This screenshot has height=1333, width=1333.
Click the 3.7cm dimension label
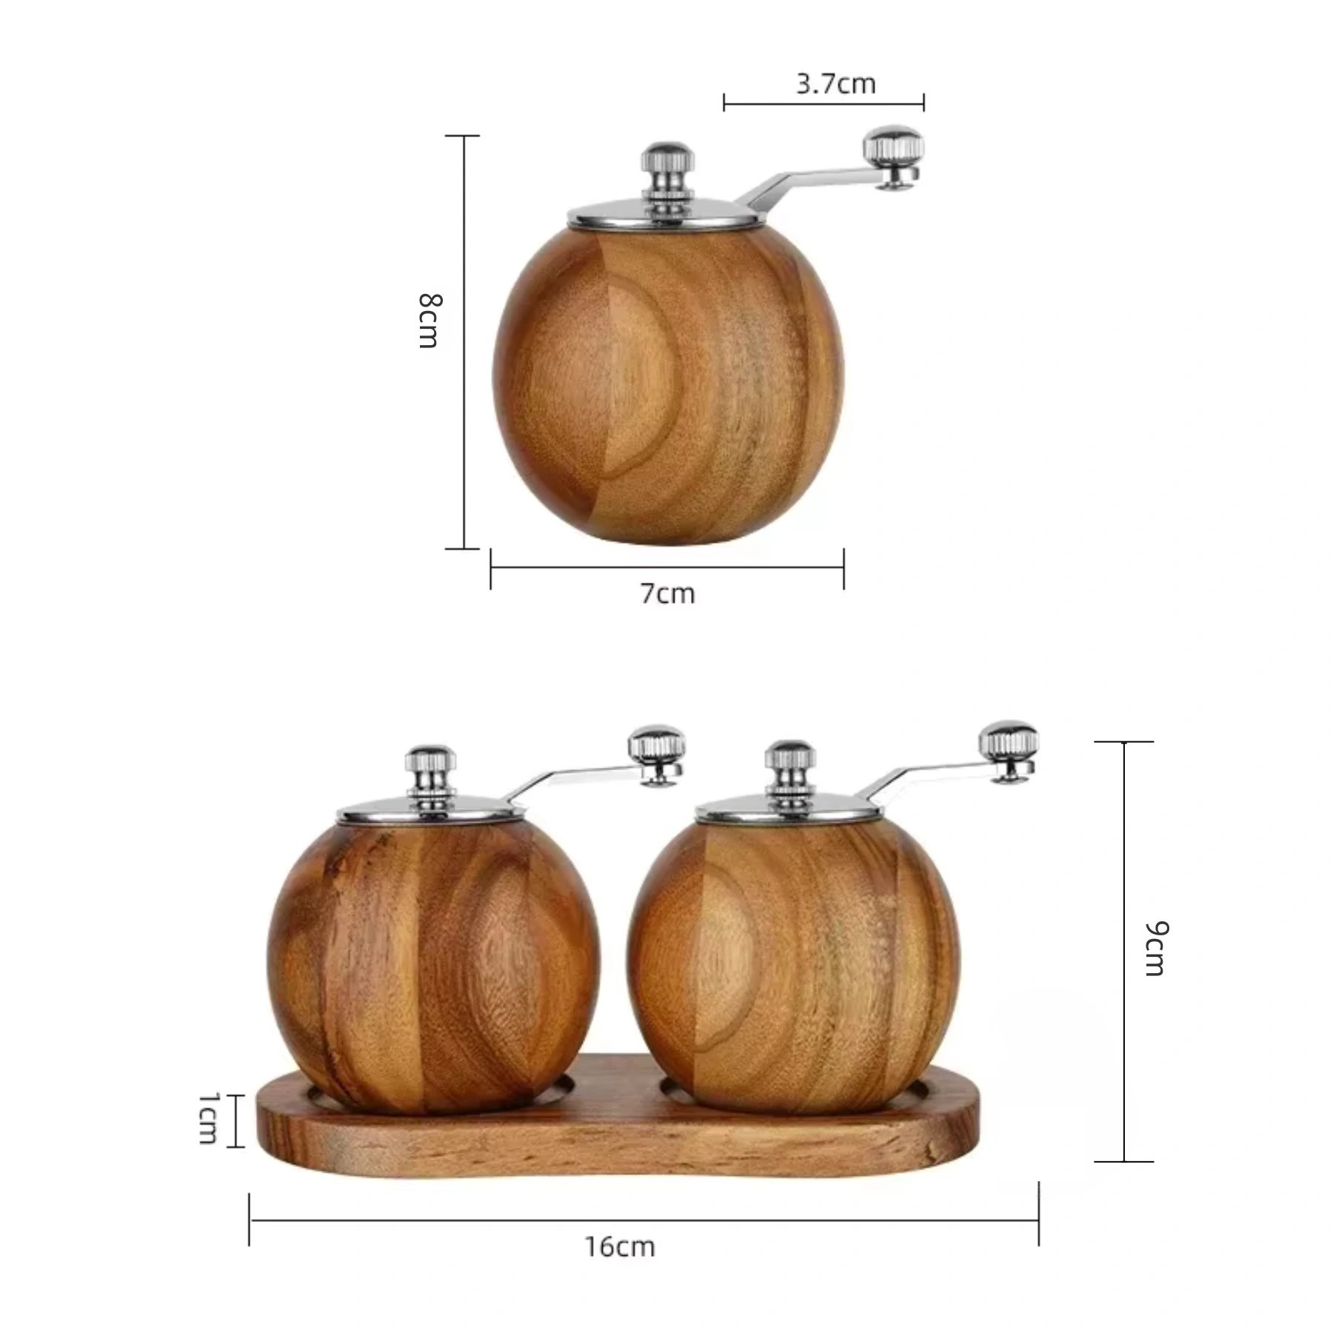point(836,84)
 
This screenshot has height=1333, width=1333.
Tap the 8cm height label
point(430,320)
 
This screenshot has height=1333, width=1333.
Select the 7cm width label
point(668,593)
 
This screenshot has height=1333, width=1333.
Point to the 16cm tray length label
point(620,1246)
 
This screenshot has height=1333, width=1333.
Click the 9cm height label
point(1156,949)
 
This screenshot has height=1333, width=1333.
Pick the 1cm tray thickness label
point(209,1117)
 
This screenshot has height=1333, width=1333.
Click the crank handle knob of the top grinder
point(895,157)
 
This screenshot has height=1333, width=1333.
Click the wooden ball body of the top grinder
point(668,385)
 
